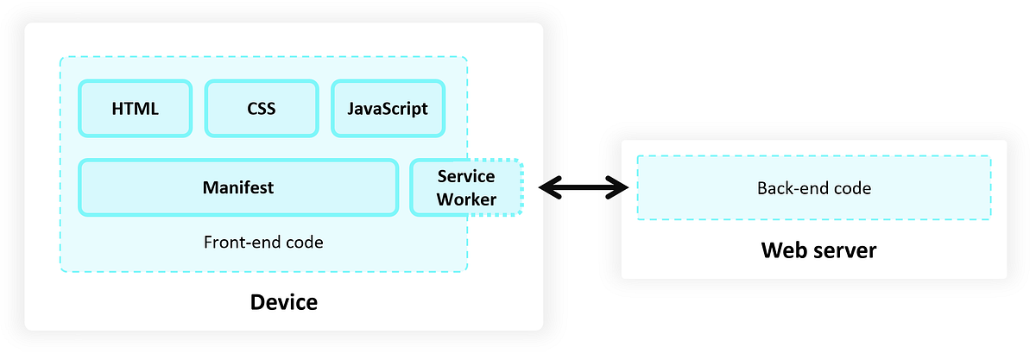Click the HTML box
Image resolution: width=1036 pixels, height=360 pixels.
tap(135, 109)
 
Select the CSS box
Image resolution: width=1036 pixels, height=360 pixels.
tap(261, 109)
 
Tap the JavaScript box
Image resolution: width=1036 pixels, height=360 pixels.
tap(388, 109)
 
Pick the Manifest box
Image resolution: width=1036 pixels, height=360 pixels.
tap(238, 186)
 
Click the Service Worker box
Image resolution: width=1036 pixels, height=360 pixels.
tap(466, 187)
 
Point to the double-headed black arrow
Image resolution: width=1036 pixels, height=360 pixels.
tap(584, 186)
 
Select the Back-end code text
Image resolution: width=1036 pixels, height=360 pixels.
tap(813, 187)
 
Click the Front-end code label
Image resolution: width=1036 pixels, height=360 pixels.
tap(263, 243)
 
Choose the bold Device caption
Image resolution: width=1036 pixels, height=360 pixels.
tap(283, 302)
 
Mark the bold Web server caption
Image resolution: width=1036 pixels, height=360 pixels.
tap(818, 250)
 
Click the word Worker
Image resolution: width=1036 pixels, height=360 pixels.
tap(466, 199)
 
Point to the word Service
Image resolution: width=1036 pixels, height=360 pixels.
tap(466, 176)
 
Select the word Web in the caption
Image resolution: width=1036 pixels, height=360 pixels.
tap(781, 250)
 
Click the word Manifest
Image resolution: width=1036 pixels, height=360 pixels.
tap(238, 186)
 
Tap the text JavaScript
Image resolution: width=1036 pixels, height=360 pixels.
tap(388, 109)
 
